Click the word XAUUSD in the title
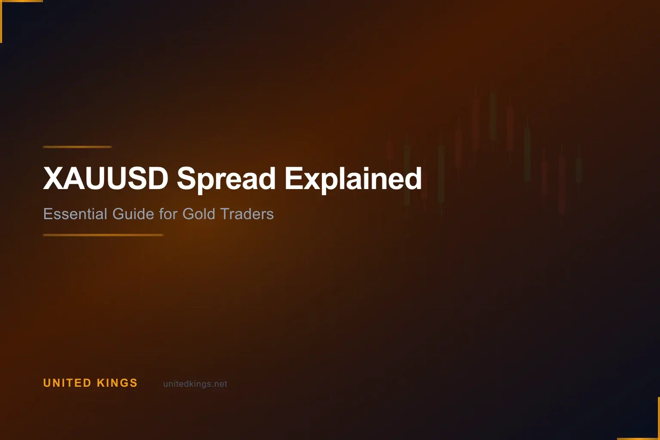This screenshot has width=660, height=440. tap(105, 178)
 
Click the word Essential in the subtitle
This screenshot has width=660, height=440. tap(75, 214)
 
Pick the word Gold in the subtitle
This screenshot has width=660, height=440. tap(199, 214)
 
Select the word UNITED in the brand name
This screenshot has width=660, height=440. tap(67, 383)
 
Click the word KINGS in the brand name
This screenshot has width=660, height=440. tap(117, 383)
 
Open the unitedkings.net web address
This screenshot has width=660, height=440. tap(195, 384)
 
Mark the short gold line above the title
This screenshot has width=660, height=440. tap(77, 147)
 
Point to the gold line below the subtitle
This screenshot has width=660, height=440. tap(103, 235)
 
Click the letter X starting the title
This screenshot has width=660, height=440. tap(53, 178)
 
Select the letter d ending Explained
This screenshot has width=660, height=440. tap(414, 178)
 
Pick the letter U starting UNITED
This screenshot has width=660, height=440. tap(47, 383)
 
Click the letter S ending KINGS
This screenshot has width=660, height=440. tap(133, 383)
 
